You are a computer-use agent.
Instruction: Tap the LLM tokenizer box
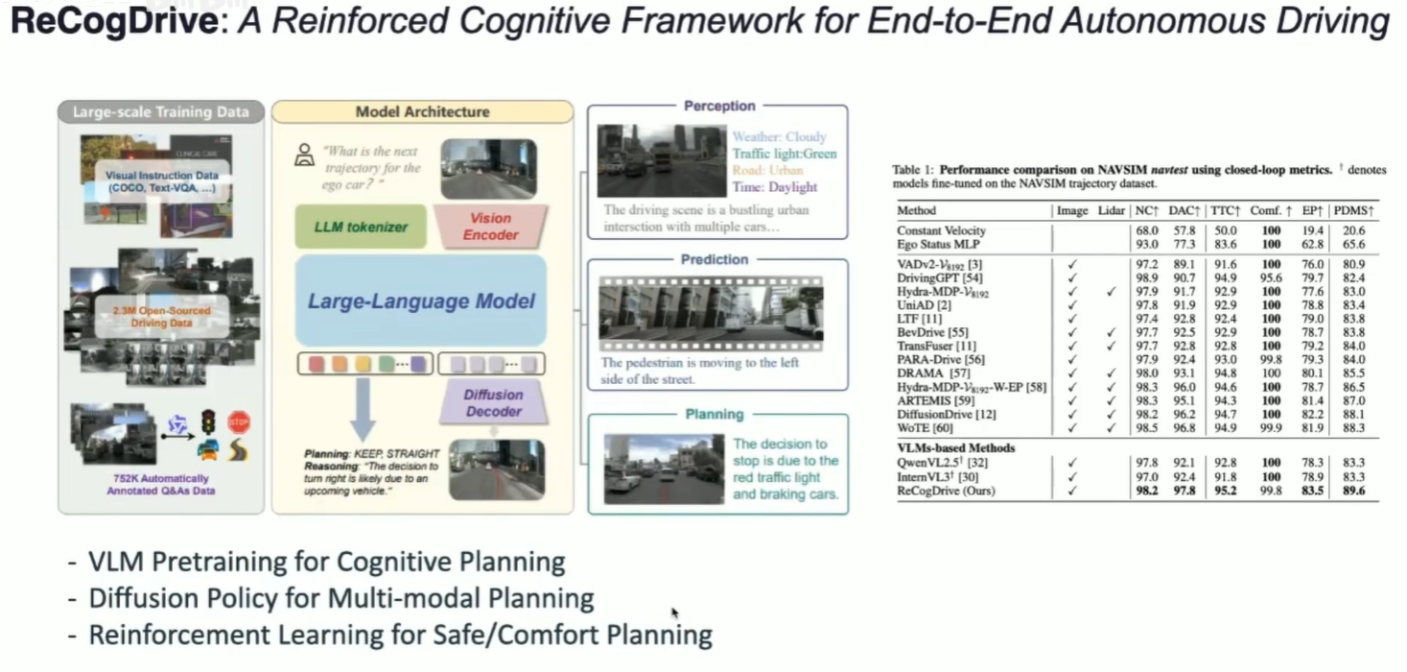(346, 228)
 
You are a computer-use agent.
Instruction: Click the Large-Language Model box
(421, 301)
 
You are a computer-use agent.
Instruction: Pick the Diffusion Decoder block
(494, 402)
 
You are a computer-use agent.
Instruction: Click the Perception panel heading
(719, 106)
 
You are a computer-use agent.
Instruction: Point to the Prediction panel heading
(715, 259)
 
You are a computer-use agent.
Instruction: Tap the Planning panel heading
(715, 414)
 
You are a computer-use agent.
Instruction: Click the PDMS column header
(1354, 210)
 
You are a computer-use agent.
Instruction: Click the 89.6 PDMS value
(1354, 491)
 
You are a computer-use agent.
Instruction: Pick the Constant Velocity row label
(941, 230)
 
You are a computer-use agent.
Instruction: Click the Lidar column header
(1112, 210)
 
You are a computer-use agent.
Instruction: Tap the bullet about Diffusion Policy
(340, 598)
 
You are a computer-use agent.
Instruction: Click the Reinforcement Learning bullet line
(400, 635)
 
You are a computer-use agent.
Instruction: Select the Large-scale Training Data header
(161, 111)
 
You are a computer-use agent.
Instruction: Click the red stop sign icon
(239, 422)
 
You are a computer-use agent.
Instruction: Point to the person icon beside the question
(305, 153)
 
